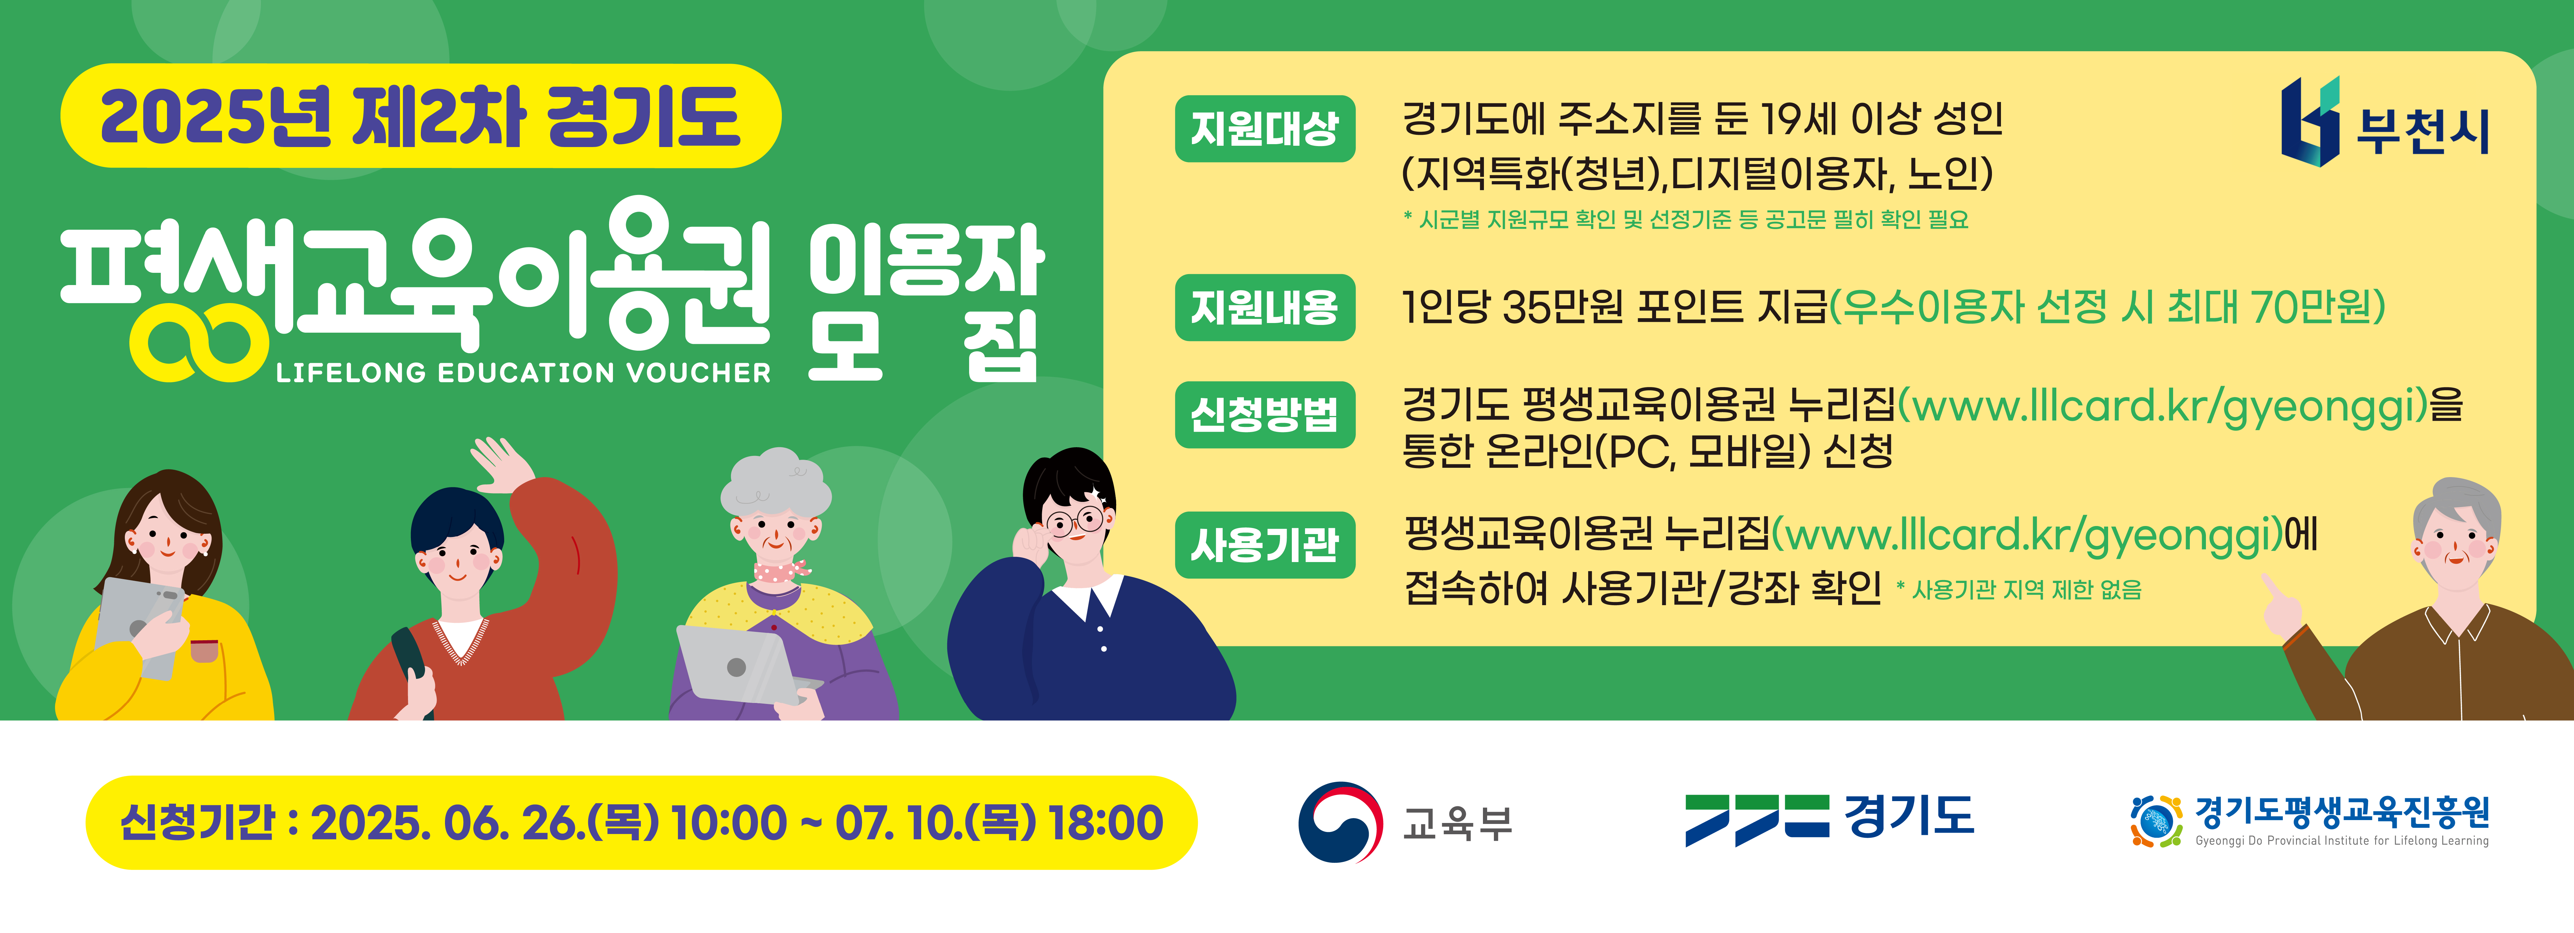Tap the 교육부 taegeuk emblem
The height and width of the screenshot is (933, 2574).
pyautogui.click(x=1340, y=822)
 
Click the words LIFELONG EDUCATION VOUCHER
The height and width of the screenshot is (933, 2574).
pyautogui.click(x=523, y=373)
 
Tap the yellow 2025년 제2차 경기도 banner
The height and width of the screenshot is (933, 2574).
pyautogui.click(x=421, y=116)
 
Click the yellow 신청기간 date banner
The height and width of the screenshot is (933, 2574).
pyautogui.click(x=642, y=822)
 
